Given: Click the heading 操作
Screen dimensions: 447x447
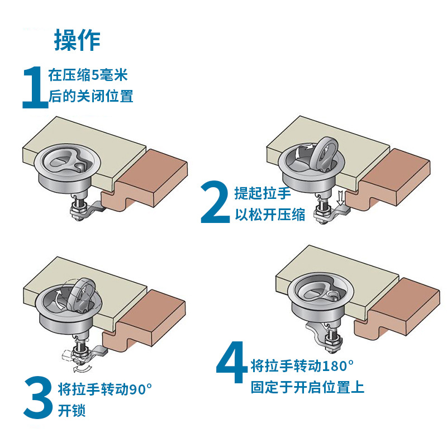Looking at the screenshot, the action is [x=77, y=40].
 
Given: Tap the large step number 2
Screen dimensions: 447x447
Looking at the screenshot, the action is [x=215, y=202].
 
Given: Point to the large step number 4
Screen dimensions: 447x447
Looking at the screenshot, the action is [x=231, y=369].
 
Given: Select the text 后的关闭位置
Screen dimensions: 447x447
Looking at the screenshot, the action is [x=91, y=96].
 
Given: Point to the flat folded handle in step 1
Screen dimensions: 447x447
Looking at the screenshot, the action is [x=64, y=160].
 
